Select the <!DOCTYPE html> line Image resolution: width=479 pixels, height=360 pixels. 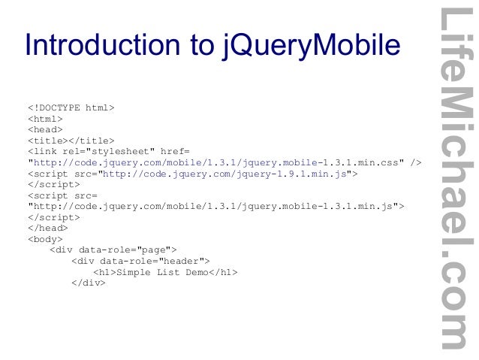point(71,107)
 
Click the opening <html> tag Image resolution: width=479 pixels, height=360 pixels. point(45,118)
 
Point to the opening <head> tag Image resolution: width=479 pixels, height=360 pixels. point(45,129)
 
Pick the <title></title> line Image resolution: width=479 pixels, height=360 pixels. point(71,140)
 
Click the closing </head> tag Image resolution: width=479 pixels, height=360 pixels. point(47,227)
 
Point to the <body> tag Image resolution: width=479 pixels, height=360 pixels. point(45,238)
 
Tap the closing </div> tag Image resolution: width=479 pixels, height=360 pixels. point(88,283)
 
